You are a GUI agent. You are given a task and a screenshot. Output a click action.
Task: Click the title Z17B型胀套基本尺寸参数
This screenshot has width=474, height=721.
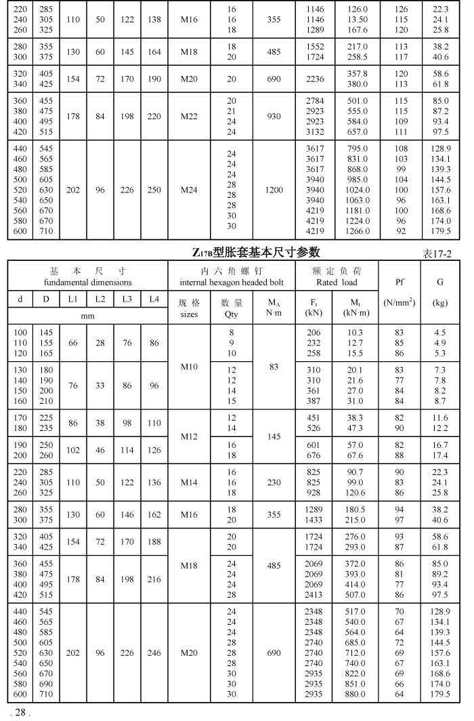255,253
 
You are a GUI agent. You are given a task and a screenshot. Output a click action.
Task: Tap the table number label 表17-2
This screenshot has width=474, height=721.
437,253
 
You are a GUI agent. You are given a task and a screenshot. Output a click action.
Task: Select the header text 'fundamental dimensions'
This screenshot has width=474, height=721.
88,282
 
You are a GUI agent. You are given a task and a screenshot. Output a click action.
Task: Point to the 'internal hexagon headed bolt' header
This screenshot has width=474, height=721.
232,282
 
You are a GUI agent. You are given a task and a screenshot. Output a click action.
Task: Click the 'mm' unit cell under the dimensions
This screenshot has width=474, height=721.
88,315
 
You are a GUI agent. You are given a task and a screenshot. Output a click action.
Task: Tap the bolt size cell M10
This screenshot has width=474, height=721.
189,367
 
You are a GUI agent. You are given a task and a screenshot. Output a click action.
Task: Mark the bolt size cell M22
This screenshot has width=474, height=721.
189,117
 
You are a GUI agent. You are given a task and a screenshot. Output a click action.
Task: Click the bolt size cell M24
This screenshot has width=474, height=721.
189,190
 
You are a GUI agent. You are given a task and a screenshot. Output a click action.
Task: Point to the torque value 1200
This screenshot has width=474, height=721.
274,190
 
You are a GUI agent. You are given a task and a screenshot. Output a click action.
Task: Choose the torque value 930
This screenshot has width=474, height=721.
274,117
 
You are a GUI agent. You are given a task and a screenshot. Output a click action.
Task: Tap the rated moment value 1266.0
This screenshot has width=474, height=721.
358,231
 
